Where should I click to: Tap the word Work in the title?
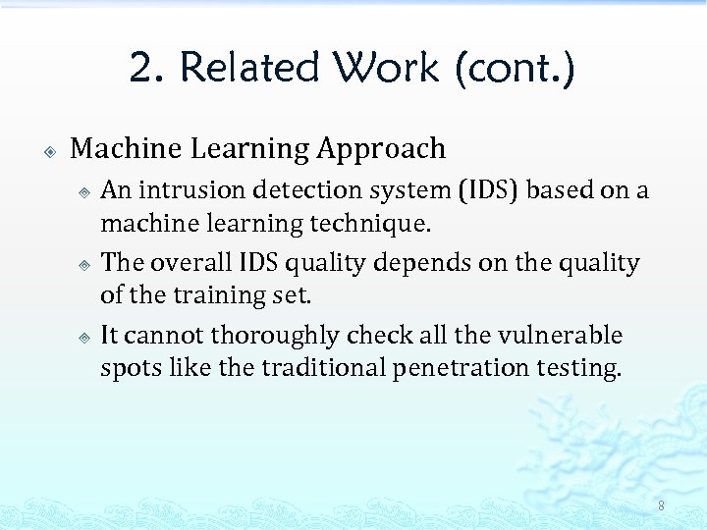(x=386, y=69)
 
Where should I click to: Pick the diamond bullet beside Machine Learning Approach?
(x=49, y=151)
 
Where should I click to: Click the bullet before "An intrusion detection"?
(x=85, y=191)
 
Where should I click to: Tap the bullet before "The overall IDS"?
(x=85, y=265)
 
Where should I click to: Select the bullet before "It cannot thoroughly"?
(x=85, y=338)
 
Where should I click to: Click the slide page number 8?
(x=661, y=505)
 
